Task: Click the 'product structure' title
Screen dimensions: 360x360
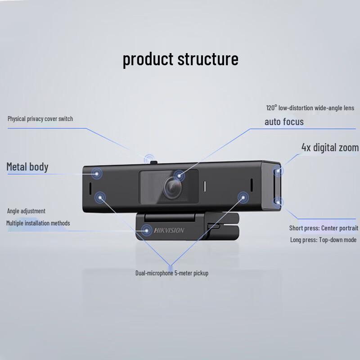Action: pyautogui.click(x=180, y=59)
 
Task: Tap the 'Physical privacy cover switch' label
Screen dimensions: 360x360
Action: pyautogui.click(x=40, y=119)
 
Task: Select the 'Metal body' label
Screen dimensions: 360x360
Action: pyautogui.click(x=27, y=167)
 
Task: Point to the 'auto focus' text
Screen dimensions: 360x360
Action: pyautogui.click(x=284, y=121)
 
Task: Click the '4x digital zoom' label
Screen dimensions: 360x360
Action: pyautogui.click(x=330, y=148)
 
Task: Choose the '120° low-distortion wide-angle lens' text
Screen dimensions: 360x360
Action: pyautogui.click(x=310, y=108)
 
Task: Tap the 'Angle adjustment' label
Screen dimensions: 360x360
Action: pyautogui.click(x=26, y=211)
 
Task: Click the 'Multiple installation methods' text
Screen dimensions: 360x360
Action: pyautogui.click(x=38, y=223)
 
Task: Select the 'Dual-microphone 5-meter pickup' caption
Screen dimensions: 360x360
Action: pyautogui.click(x=172, y=273)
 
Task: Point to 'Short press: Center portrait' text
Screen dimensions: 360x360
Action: pyautogui.click(x=324, y=228)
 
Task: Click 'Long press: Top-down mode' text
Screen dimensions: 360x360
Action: pyautogui.click(x=323, y=240)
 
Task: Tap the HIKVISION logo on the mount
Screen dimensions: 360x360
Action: pyautogui.click(x=170, y=230)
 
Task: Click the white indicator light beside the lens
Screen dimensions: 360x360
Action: pyautogui.click(x=205, y=186)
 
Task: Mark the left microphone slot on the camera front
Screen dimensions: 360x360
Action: pyautogui.click(x=89, y=187)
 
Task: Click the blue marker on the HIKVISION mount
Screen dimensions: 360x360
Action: pyautogui.click(x=147, y=230)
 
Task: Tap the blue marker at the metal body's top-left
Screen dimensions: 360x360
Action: pyautogui.click(x=97, y=172)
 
